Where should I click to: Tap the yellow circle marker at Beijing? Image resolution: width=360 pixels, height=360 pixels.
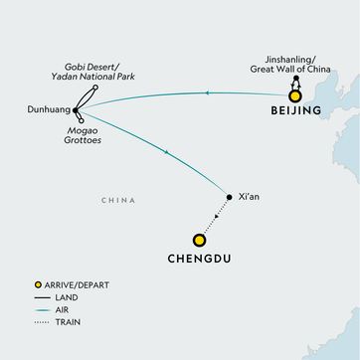pos(294,96)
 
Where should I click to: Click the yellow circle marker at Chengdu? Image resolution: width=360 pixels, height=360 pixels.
pos(199,240)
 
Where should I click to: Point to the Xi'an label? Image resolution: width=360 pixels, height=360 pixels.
pos(249,197)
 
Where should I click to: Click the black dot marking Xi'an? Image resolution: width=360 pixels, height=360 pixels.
pos(230,198)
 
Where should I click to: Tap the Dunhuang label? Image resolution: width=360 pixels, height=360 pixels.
pos(46,99)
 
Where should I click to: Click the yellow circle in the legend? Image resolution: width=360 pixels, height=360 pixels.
pos(37,286)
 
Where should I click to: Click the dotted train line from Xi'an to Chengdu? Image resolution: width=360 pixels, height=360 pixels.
pos(217,217)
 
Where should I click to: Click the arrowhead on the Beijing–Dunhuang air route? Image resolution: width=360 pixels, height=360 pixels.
pos(205,92)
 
